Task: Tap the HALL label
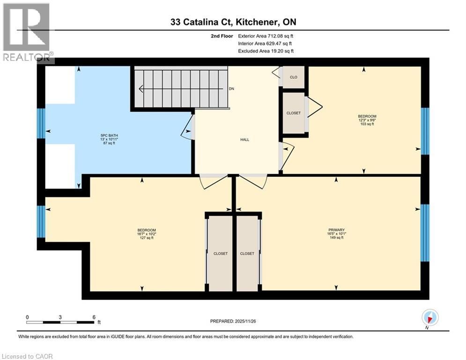[x=245, y=139]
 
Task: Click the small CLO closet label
[x=294, y=77]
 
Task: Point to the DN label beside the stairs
[x=231, y=89]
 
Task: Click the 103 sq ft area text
[x=367, y=124]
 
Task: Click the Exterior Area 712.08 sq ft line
[x=266, y=36]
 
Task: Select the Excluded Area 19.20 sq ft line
[x=266, y=51]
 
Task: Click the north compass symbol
[x=430, y=318]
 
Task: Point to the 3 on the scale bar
[x=60, y=317]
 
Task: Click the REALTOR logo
[x=27, y=33]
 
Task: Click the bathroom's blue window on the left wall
[x=41, y=123]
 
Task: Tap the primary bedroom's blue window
[x=425, y=232]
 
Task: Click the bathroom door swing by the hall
[x=188, y=127]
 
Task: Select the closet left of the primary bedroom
[x=247, y=254]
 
